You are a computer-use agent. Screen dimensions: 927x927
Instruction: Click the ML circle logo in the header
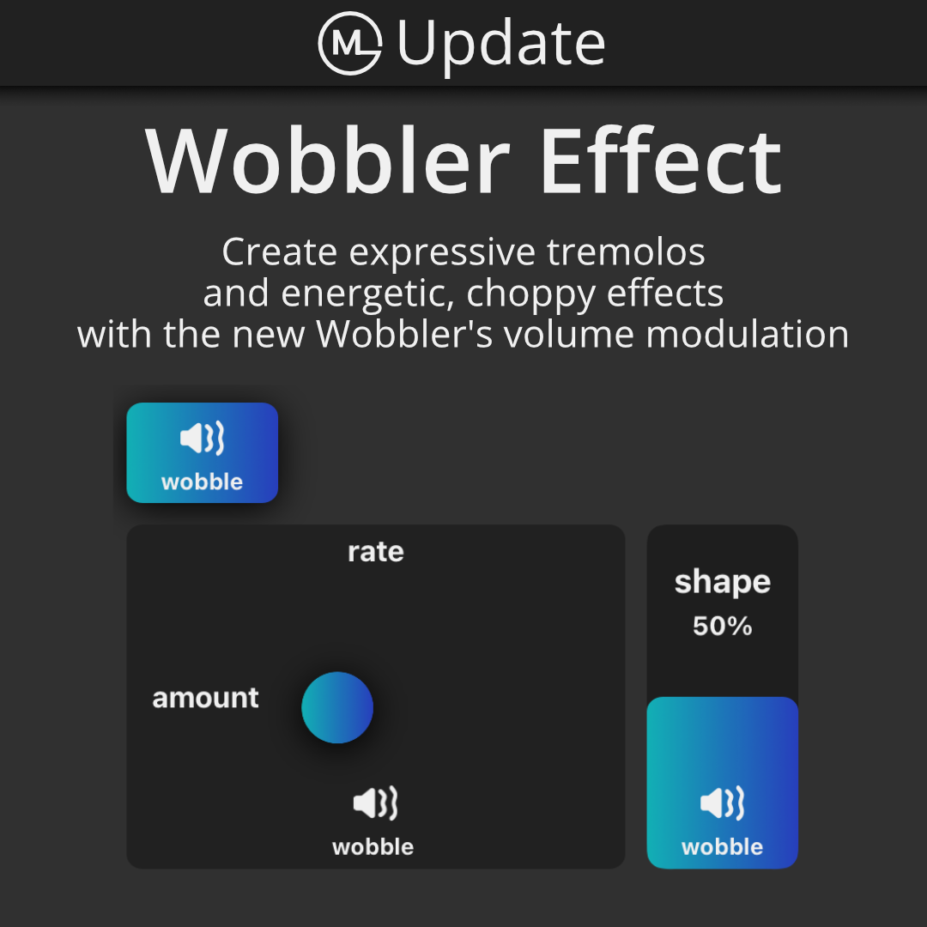click(x=350, y=43)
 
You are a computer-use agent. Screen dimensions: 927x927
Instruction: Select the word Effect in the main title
click(x=661, y=161)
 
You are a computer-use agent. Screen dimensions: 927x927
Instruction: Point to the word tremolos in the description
click(x=626, y=251)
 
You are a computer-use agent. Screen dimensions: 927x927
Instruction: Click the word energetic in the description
click(x=367, y=294)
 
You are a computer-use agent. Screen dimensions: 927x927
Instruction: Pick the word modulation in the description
click(x=748, y=334)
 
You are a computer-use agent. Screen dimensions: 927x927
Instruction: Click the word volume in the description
click(x=568, y=334)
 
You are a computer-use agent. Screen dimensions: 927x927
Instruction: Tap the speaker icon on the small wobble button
click(x=203, y=438)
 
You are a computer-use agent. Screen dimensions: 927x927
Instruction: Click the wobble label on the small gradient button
click(x=203, y=482)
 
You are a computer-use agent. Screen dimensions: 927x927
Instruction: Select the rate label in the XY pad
click(x=376, y=552)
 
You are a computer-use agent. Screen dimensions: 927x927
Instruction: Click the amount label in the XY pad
click(x=206, y=698)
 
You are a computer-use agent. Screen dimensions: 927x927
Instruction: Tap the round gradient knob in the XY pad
click(x=337, y=707)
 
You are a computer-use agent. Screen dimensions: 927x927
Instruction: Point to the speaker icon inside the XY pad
click(x=375, y=803)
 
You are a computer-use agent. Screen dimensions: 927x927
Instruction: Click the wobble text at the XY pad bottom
click(x=373, y=847)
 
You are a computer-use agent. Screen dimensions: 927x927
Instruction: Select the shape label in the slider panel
click(x=723, y=583)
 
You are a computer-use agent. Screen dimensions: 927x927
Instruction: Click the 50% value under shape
click(x=723, y=626)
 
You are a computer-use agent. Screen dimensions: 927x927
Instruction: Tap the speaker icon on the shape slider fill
click(x=723, y=803)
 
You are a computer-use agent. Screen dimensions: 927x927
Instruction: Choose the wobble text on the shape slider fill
click(x=723, y=847)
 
